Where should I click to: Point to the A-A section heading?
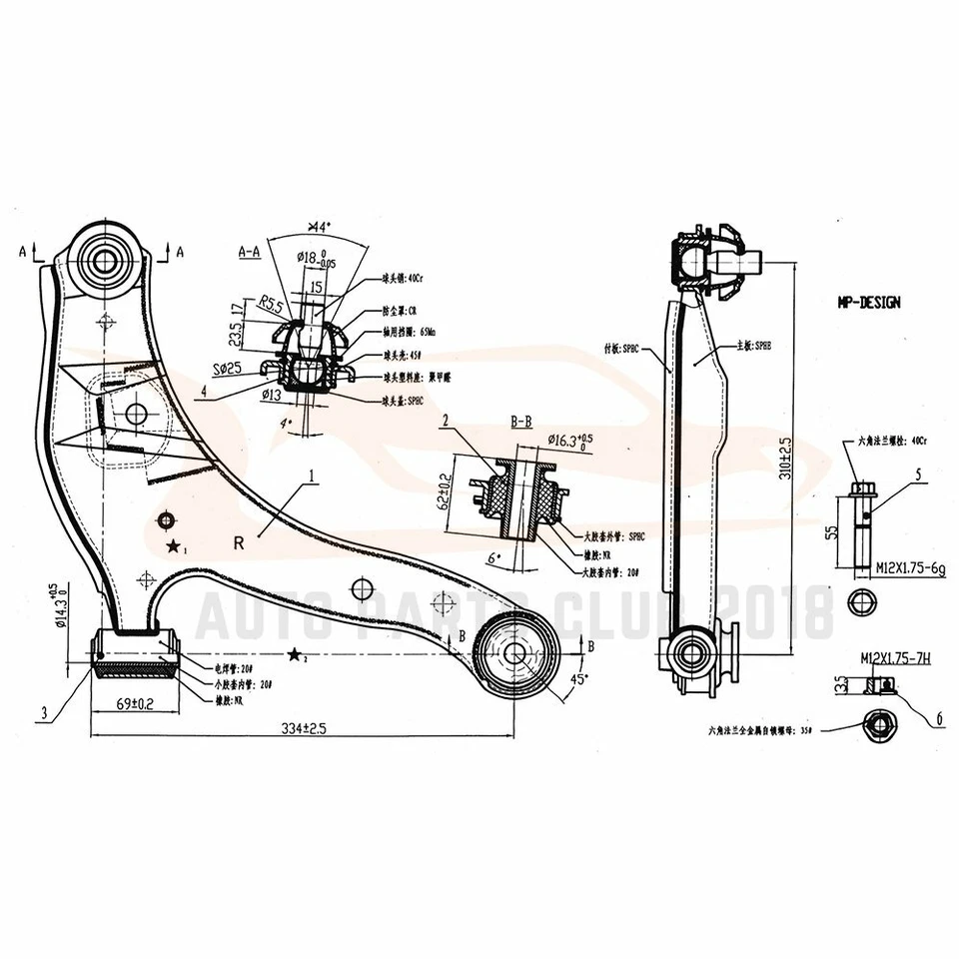[249, 253]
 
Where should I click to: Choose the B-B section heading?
[520, 423]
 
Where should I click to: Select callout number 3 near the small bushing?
[45, 712]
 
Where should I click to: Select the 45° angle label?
[579, 679]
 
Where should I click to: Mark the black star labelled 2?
[295, 655]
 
